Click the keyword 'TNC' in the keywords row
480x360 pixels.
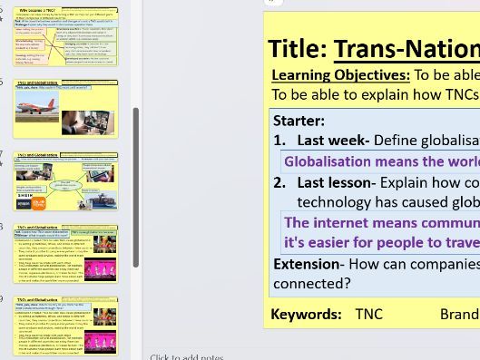pyautogui.click(x=368, y=314)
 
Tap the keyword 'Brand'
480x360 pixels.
pyautogui.click(x=459, y=314)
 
